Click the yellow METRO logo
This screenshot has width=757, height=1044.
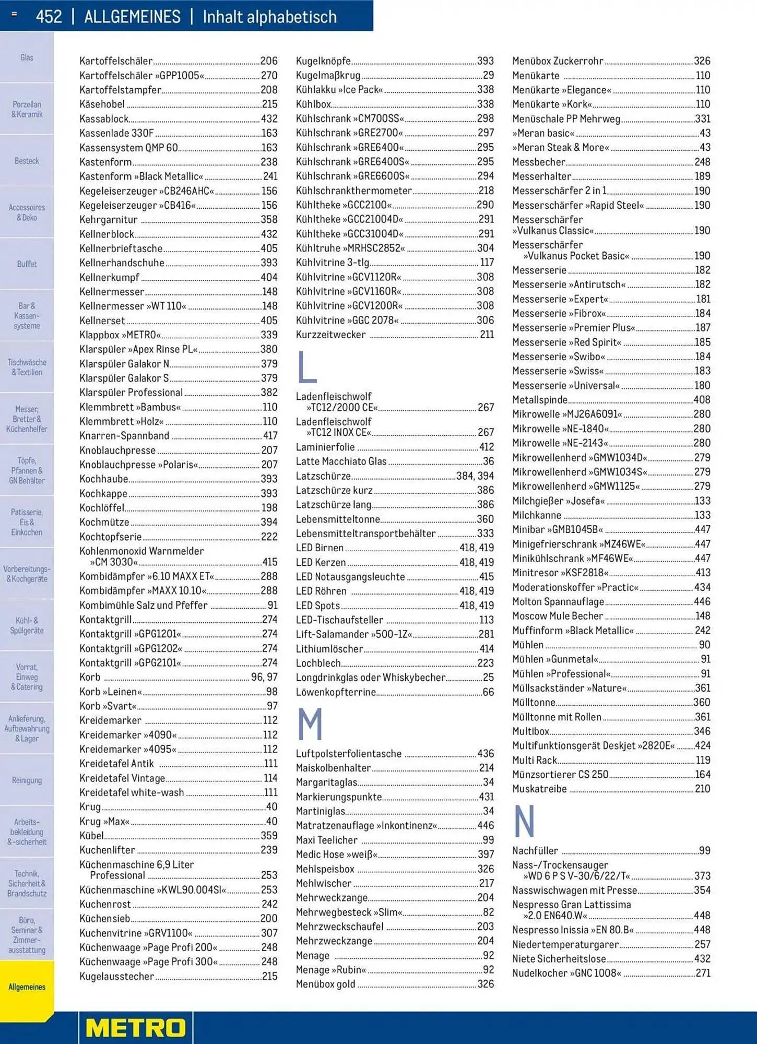pyautogui.click(x=136, y=1028)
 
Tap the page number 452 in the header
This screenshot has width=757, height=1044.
pyautogui.click(x=49, y=17)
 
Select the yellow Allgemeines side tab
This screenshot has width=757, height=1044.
pyautogui.click(x=27, y=987)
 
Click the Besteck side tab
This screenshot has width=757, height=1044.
pyautogui.click(x=27, y=161)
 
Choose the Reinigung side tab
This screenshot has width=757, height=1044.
pyautogui.click(x=27, y=780)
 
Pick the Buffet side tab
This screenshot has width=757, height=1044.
pyautogui.click(x=27, y=264)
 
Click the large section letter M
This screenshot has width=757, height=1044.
pyautogui.click(x=310, y=724)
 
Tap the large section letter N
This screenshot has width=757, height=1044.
pyautogui.click(x=524, y=821)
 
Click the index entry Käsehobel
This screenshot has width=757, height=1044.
pyautogui.click(x=102, y=104)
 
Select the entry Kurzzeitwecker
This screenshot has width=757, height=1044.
pyautogui.click(x=330, y=335)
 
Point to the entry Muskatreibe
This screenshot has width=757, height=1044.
pyautogui.click(x=539, y=789)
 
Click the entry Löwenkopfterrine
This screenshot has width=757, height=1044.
pyautogui.click(x=336, y=692)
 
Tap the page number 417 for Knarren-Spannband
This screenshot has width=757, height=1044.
pyautogui.click(x=270, y=436)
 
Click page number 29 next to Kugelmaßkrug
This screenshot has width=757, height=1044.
pyautogui.click(x=488, y=75)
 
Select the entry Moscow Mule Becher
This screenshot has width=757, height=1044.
pyautogui.click(x=557, y=616)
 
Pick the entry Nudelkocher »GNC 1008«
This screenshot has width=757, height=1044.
pyautogui.click(x=566, y=973)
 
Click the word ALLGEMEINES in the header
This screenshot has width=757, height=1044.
pyautogui.click(x=132, y=17)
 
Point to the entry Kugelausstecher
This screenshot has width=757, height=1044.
pyautogui.click(x=116, y=976)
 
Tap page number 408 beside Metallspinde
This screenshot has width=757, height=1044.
pyautogui.click(x=702, y=400)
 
